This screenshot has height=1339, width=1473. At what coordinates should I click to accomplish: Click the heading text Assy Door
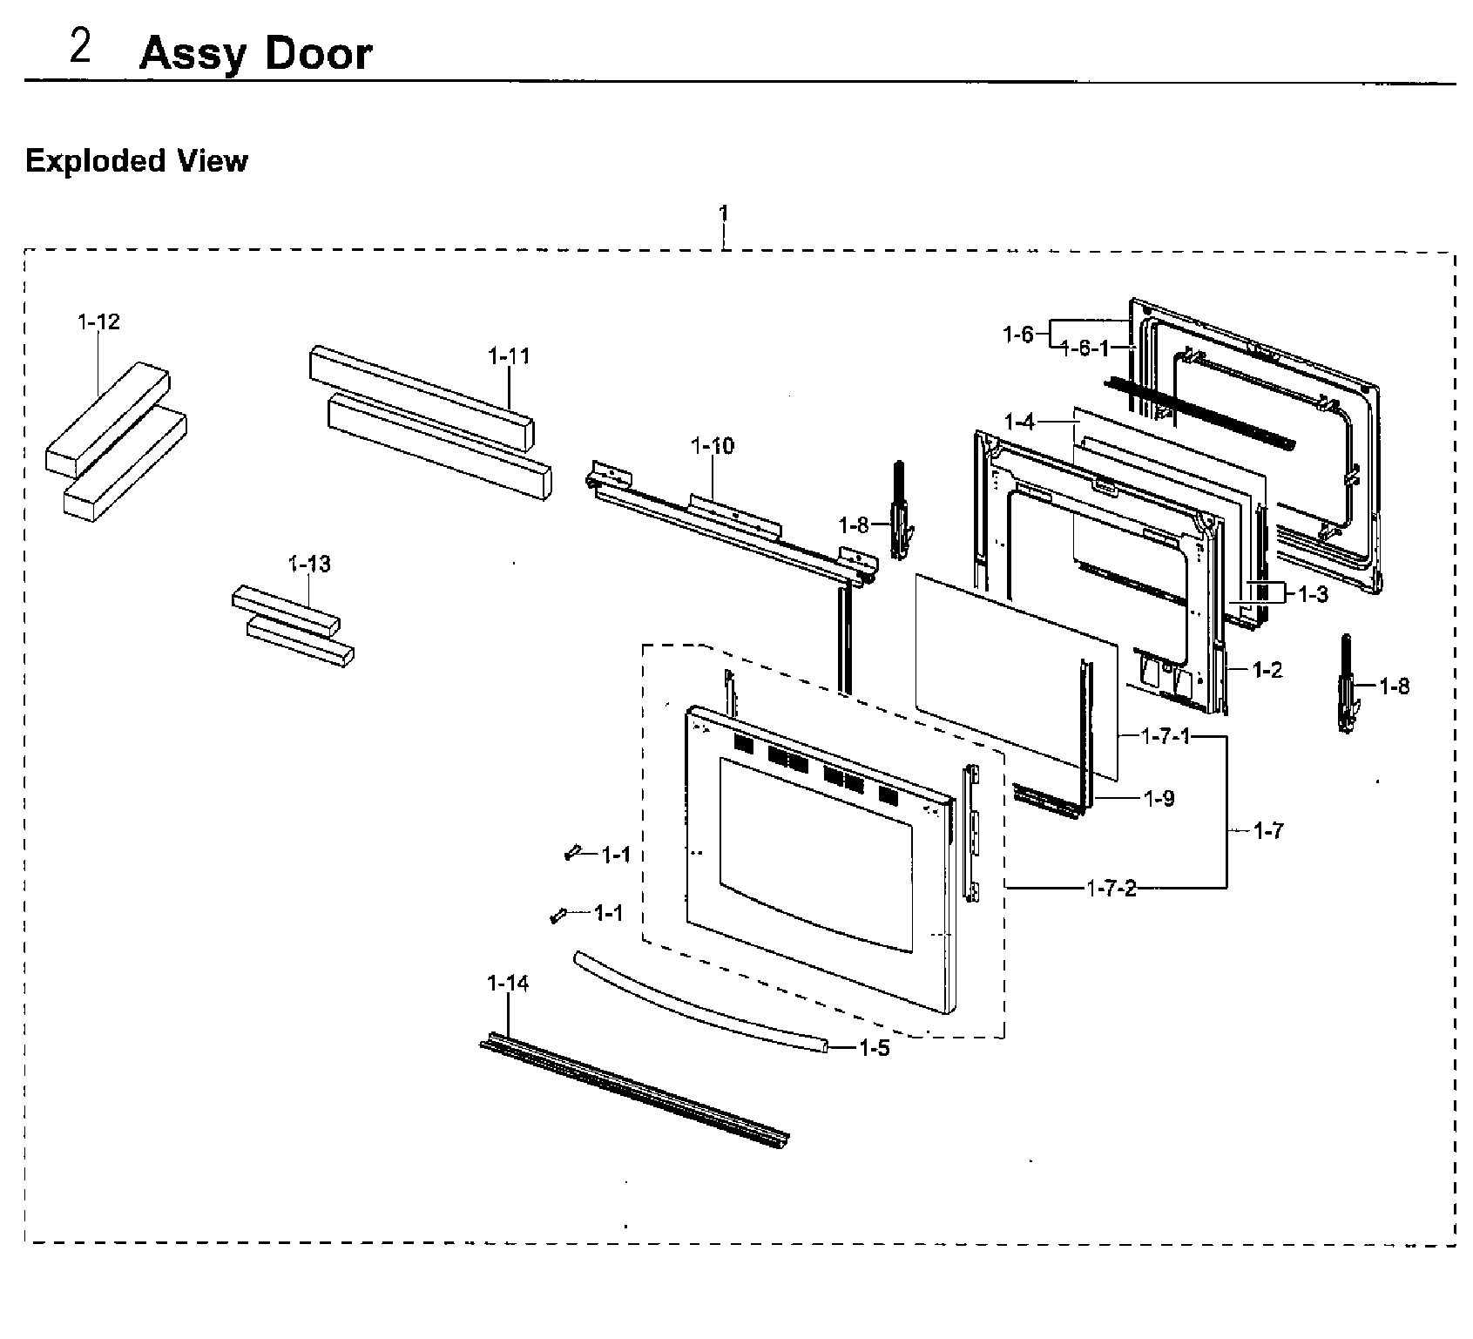pos(255,54)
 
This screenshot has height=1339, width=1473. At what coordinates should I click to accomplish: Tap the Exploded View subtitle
pos(137,161)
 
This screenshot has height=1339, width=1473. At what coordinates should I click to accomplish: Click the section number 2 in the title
pos(80,48)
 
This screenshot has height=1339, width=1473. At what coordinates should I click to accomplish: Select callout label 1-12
pos(98,322)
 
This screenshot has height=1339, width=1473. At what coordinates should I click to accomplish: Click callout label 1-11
pos(509,356)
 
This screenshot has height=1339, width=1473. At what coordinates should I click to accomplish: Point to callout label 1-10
pos(712,446)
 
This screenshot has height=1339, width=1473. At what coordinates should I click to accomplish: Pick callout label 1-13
pos(309,565)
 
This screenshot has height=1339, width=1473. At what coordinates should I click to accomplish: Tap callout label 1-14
pos(507,984)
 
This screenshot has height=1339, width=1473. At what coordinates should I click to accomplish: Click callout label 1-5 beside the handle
pos(874,1049)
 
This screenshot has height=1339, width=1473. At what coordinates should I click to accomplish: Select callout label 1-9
pos(1159,799)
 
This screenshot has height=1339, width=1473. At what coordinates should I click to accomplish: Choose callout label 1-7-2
pos(1112,889)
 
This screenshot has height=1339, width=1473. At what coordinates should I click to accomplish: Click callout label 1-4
pos(1018,423)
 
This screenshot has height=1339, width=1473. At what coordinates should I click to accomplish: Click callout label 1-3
pos(1313,595)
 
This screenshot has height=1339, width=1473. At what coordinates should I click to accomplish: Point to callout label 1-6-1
pos(1085,348)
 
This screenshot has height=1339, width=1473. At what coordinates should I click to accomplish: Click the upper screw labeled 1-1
pos(572,854)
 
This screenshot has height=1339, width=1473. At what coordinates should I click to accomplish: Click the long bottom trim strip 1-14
pos(634,1091)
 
